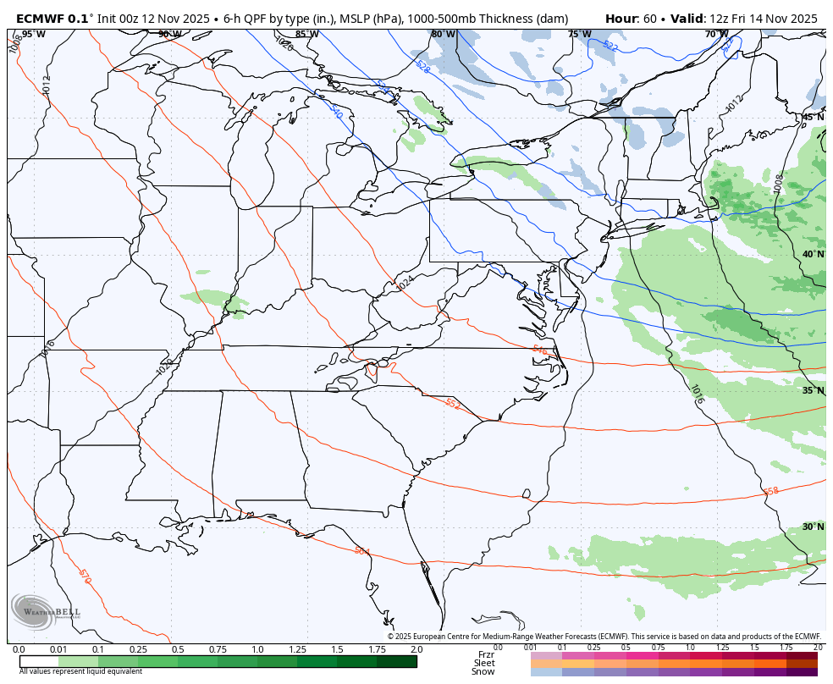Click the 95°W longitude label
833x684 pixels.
pyautogui.click(x=33, y=34)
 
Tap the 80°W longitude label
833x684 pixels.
pyautogui.click(x=443, y=34)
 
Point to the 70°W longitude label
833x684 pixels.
pyautogui.click(x=716, y=34)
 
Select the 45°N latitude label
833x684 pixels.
pyautogui.click(x=813, y=117)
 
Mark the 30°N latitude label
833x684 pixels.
pyautogui.click(x=813, y=527)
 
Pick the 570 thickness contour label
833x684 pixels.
pyautogui.click(x=84, y=576)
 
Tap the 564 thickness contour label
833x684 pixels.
pyautogui.click(x=361, y=551)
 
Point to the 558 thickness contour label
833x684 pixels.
pyautogui.click(x=770, y=491)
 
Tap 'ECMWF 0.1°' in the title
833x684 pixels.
pyautogui.click(x=52, y=18)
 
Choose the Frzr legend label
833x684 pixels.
pyautogui.click(x=486, y=654)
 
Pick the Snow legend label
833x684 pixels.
pyautogui.click(x=483, y=672)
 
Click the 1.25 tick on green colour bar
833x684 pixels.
pyautogui.click(x=297, y=649)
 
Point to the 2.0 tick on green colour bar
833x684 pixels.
pyautogui.click(x=416, y=649)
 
